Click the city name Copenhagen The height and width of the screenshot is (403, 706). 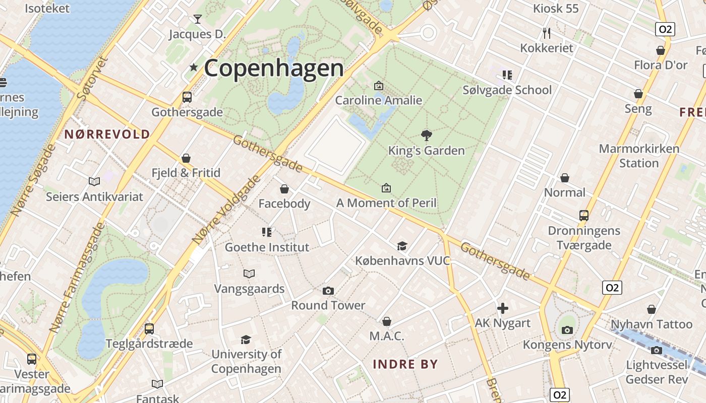click(274, 68)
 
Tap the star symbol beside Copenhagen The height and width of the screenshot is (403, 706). click(193, 67)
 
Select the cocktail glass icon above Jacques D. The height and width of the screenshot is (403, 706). click(197, 19)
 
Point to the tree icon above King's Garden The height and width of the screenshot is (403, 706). click(427, 135)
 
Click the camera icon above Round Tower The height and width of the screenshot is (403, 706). click(328, 291)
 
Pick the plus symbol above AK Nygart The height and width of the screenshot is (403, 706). click(503, 308)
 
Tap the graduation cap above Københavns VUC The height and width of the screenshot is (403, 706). click(402, 246)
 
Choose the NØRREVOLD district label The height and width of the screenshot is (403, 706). click(107, 134)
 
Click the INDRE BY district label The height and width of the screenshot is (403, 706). click(405, 364)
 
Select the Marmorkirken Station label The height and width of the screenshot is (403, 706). click(639, 156)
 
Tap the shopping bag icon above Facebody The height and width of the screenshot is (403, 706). click(284, 189)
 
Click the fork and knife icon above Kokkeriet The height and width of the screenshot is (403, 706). click(547, 33)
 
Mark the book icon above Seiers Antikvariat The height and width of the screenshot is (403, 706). click(94, 181)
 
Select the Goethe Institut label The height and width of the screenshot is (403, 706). click(267, 247)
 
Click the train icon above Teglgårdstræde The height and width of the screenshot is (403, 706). click(149, 329)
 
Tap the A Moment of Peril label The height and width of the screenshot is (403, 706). click(386, 203)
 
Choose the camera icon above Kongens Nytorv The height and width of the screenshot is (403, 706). click(567, 330)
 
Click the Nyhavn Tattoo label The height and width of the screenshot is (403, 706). click(652, 324)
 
